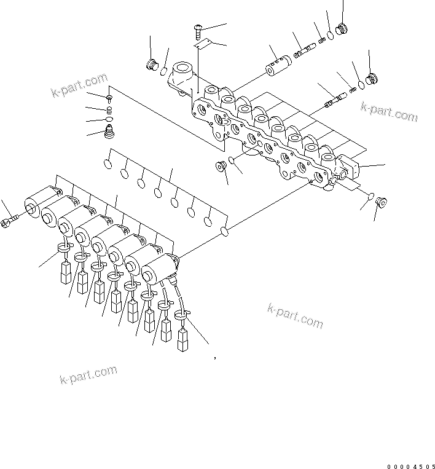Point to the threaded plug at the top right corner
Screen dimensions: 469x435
coord(342,28)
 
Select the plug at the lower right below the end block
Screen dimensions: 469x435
coord(379,201)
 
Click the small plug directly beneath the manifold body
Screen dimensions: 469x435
coord(219,167)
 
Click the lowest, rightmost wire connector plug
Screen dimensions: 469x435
coord(182,339)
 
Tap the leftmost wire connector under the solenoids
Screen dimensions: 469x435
coord(65,274)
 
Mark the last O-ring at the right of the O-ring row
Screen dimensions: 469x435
coord(224,232)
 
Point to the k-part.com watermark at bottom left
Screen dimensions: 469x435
coord(88,375)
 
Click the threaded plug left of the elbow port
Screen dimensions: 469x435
coord(151,65)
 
